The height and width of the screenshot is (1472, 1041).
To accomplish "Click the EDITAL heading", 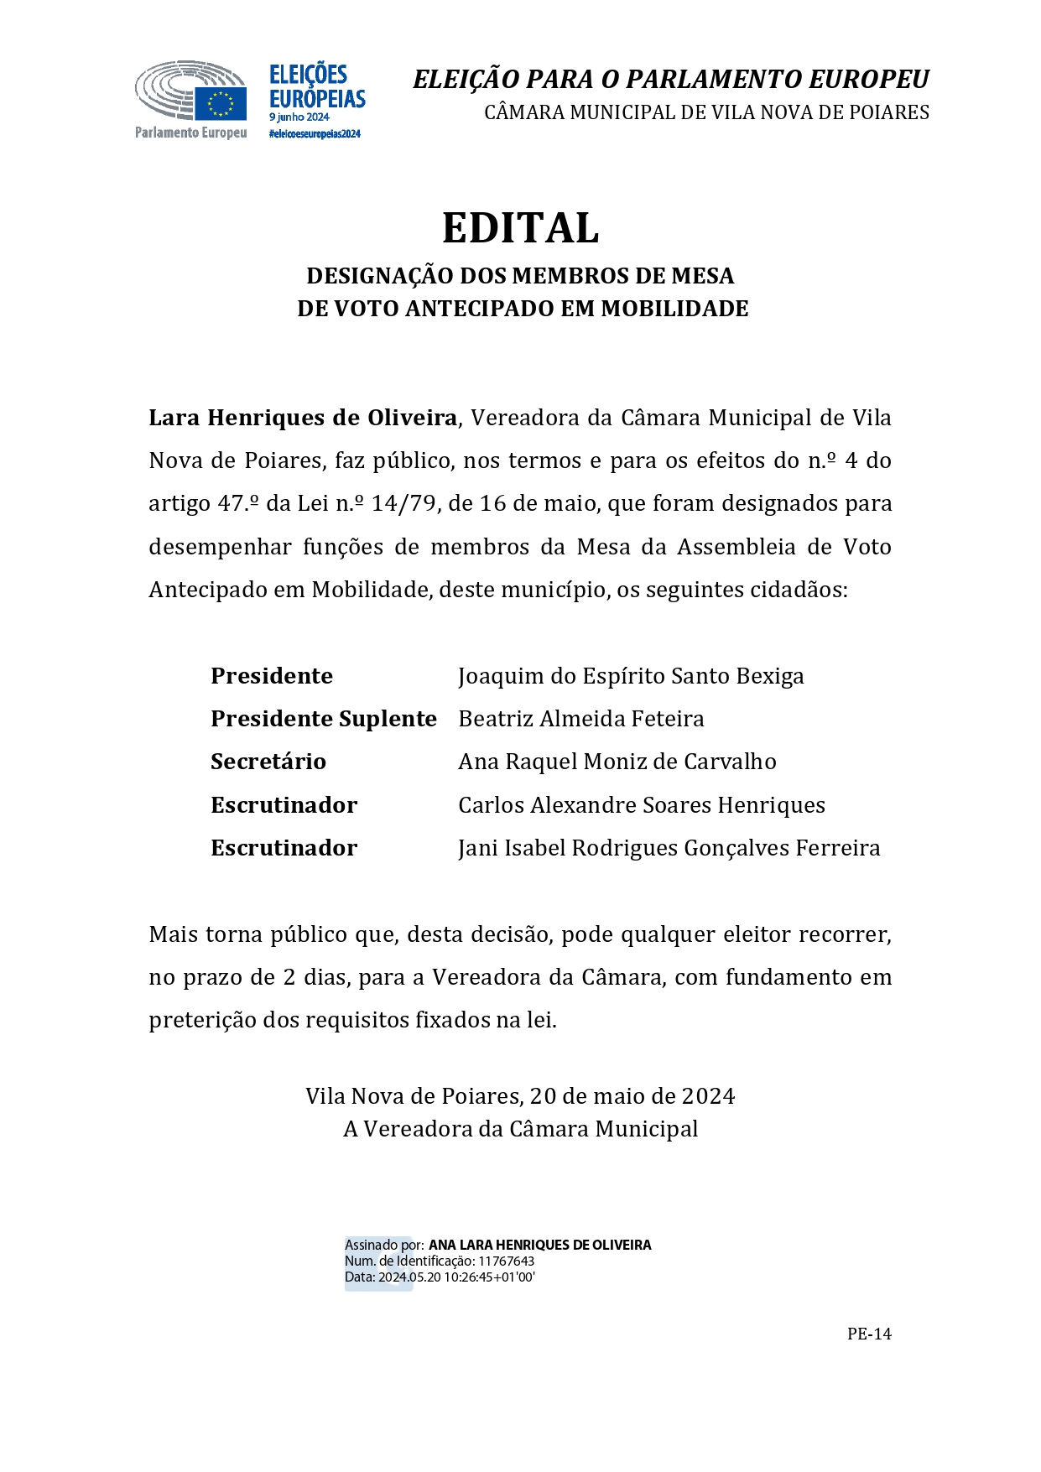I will click(520, 228).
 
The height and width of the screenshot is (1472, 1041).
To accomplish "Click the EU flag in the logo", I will click(221, 104).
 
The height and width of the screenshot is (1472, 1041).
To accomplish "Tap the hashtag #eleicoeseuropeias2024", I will click(315, 134).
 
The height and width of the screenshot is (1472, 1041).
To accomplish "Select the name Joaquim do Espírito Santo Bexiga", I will click(631, 676).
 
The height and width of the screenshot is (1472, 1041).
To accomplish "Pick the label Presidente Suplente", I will click(323, 719).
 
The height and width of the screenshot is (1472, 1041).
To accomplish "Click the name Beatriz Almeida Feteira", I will click(580, 719).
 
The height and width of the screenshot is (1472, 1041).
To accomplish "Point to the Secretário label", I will click(268, 762).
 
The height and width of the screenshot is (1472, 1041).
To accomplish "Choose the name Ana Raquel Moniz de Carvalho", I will click(617, 762).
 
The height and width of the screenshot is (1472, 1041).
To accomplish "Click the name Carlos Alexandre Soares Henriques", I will click(641, 805).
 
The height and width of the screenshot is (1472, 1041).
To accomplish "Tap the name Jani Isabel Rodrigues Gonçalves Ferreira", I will click(669, 848).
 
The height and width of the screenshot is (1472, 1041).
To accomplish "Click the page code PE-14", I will click(869, 1334).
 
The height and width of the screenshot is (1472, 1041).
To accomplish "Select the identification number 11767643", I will click(506, 1261).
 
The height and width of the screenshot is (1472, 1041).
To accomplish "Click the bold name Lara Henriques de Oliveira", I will click(303, 418).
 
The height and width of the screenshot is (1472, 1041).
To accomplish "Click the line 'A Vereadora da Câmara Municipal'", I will click(520, 1129).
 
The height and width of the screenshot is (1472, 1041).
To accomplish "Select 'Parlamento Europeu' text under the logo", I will click(190, 133).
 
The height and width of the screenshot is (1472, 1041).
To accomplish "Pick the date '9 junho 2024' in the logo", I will click(299, 117).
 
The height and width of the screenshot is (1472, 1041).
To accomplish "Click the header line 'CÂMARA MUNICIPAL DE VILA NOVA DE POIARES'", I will click(706, 112).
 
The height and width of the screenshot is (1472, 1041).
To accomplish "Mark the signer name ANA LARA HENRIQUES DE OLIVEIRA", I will click(539, 1246).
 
